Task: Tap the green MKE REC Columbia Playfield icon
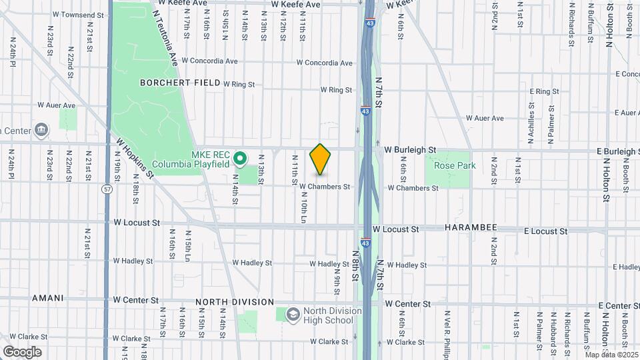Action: [241, 159]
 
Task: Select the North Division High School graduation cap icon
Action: [293, 313]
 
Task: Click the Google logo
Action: [22, 351]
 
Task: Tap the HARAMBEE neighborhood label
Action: [472, 228]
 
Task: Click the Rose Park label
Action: [455, 165]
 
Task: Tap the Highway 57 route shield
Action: [107, 189]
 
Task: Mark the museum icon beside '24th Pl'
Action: [41, 129]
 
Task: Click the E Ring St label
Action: [544, 91]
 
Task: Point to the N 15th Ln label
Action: [189, 246]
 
